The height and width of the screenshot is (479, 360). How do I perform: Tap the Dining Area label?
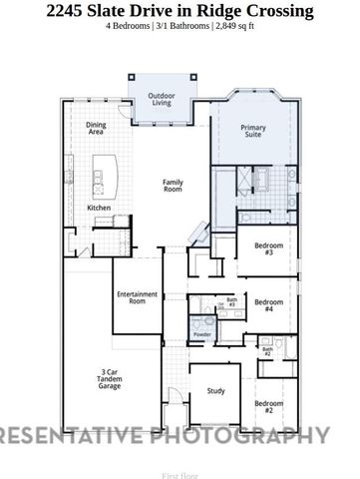point(97,127)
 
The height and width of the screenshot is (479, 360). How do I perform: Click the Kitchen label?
point(99,208)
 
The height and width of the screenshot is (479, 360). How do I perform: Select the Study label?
point(215,392)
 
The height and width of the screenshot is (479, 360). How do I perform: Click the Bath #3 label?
point(231,301)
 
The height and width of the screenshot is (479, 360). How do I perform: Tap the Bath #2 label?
point(266,351)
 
